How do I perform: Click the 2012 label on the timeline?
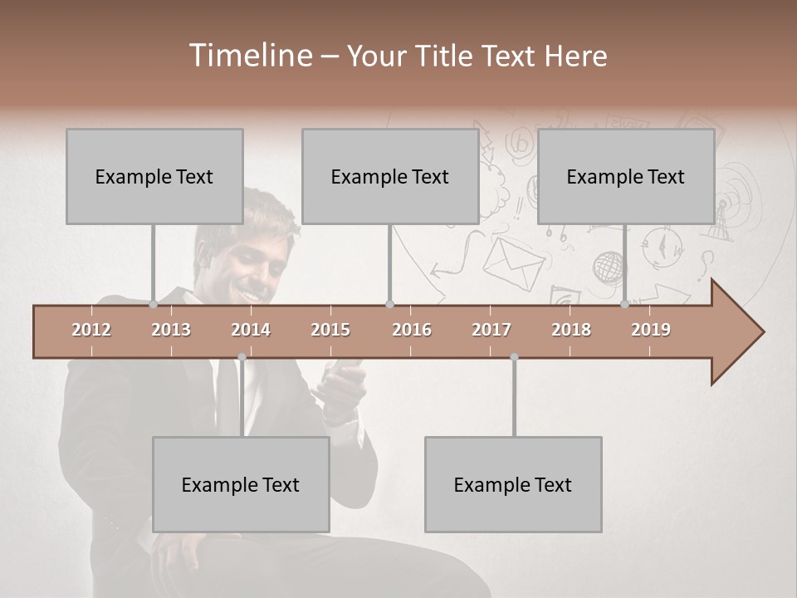coord(91,330)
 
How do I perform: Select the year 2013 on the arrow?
coord(171,330)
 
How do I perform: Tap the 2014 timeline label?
coord(251,330)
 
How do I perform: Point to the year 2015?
coord(330,330)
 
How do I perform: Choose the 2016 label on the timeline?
coord(412,330)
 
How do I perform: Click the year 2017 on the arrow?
coord(491,330)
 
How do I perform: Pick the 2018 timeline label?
coord(571,330)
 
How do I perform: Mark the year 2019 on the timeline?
coord(651,330)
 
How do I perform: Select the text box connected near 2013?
coord(154,176)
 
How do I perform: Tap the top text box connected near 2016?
coord(390,176)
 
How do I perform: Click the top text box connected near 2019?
coord(626,176)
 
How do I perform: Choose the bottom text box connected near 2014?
coord(241,484)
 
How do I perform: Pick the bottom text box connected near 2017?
coord(513,484)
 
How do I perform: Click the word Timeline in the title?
coord(249,56)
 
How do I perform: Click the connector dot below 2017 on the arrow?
coord(514,357)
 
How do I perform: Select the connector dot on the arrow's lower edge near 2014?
coord(242,357)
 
